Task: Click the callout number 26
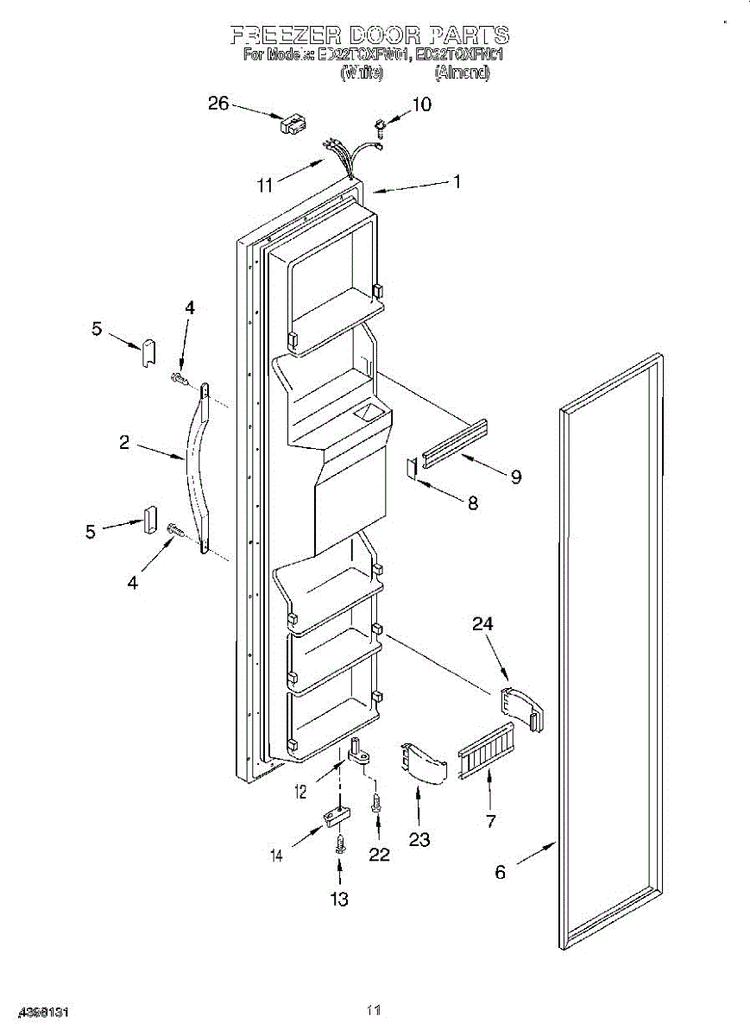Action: click(x=218, y=104)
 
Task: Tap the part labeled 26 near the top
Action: click(x=292, y=123)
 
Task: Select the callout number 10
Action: click(x=421, y=104)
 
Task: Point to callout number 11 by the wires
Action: click(x=265, y=184)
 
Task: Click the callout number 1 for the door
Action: click(x=457, y=181)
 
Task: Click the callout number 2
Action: click(x=124, y=443)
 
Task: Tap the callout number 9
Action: click(x=515, y=477)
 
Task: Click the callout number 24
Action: click(x=483, y=622)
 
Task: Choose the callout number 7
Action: click(x=490, y=821)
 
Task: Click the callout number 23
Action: click(x=419, y=839)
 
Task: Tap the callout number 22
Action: click(x=379, y=854)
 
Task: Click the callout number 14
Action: click(x=277, y=856)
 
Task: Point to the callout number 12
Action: click(x=301, y=790)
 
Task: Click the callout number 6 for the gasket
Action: click(x=500, y=872)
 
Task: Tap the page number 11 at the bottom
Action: click(x=374, y=1009)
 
